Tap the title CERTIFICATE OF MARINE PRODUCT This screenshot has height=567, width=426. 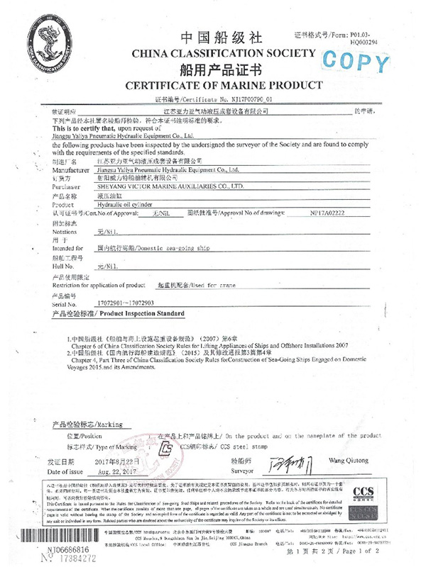[214, 86]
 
